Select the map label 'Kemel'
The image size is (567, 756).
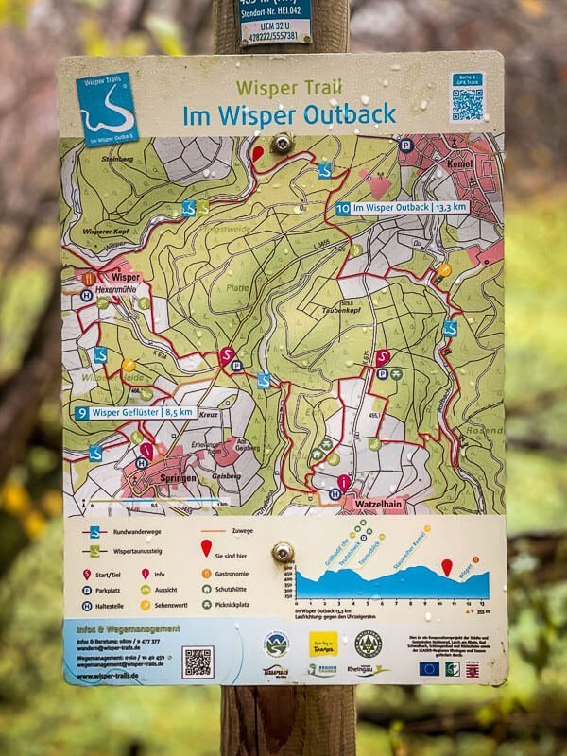pyautogui.click(x=462, y=162)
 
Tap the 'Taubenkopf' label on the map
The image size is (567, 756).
pyautogui.click(x=371, y=308)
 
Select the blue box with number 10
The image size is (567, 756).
pyautogui.click(x=343, y=208)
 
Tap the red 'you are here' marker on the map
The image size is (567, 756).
pyautogui.click(x=257, y=153)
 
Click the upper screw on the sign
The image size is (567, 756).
pyautogui.click(x=281, y=144)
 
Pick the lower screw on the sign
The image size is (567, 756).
pyautogui.click(x=283, y=553)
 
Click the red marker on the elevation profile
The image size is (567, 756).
pyautogui.click(x=447, y=567)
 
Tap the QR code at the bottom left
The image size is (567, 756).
pyautogui.click(x=198, y=661)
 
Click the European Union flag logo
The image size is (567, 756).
pyautogui.click(x=428, y=668)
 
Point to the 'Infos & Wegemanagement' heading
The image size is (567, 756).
pyautogui.click(x=122, y=628)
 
